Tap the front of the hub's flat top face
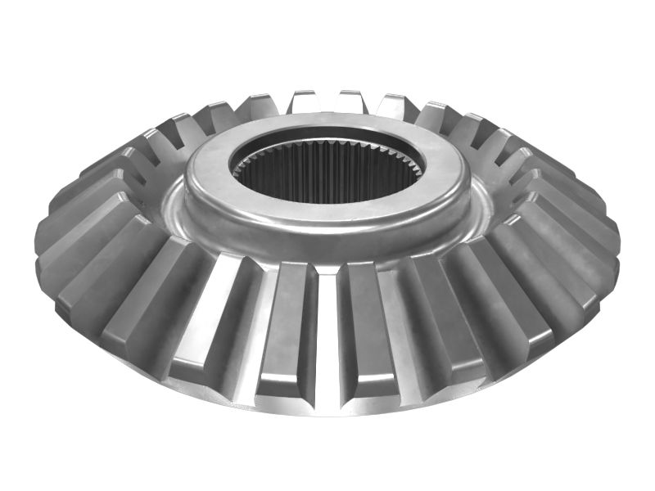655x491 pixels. pos(327,214)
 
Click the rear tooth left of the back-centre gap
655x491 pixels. pos(304,102)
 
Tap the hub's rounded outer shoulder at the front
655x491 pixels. pos(327,241)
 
